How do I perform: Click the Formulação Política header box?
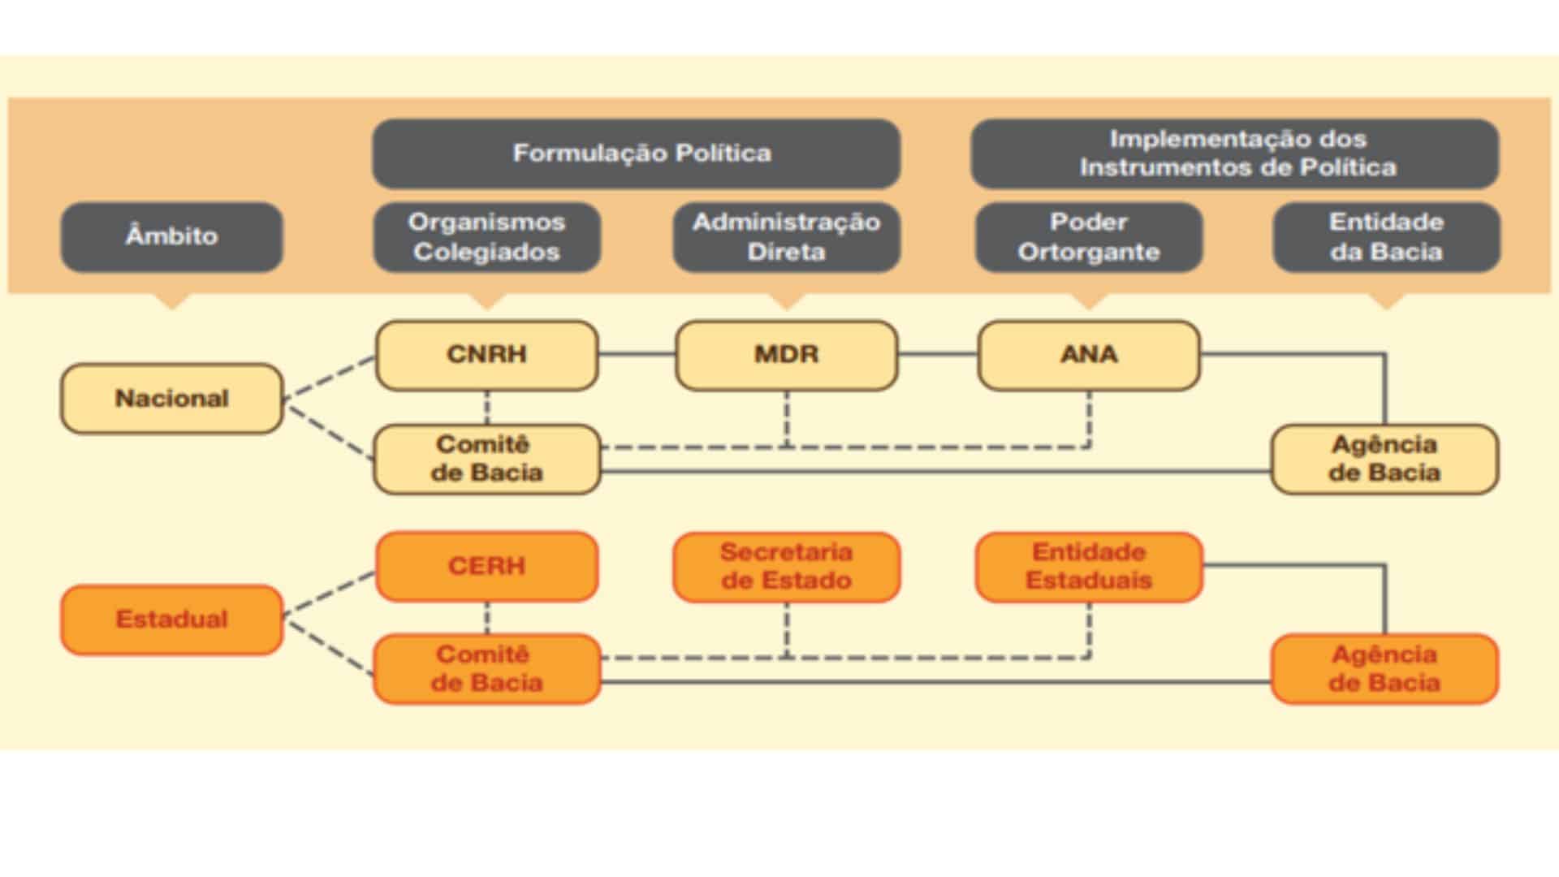pyautogui.click(x=636, y=153)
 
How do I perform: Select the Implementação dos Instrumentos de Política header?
pyautogui.click(x=1234, y=153)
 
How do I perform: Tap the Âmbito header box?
pyautogui.click(x=171, y=236)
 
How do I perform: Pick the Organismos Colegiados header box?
pyautogui.click(x=486, y=236)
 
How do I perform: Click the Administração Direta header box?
pyautogui.click(x=786, y=236)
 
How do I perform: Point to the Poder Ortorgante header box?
pyautogui.click(x=1088, y=236)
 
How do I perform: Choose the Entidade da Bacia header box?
pyautogui.click(x=1385, y=236)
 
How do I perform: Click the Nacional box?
pyautogui.click(x=171, y=398)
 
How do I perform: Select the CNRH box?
pyautogui.click(x=486, y=355)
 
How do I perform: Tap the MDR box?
pyautogui.click(x=786, y=355)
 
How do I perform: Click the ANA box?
pyautogui.click(x=1088, y=355)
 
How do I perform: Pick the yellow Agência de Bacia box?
pyautogui.click(x=1384, y=459)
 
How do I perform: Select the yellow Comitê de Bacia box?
pyautogui.click(x=486, y=459)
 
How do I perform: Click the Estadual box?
pyautogui.click(x=171, y=619)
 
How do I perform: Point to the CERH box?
pyautogui.click(x=486, y=566)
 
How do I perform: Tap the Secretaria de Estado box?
pyautogui.click(x=786, y=566)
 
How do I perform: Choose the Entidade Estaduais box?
pyautogui.click(x=1088, y=566)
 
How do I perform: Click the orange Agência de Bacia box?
pyautogui.click(x=1384, y=668)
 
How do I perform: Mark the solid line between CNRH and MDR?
pyautogui.click(x=637, y=354)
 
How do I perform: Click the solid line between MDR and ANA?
pyautogui.click(x=938, y=354)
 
